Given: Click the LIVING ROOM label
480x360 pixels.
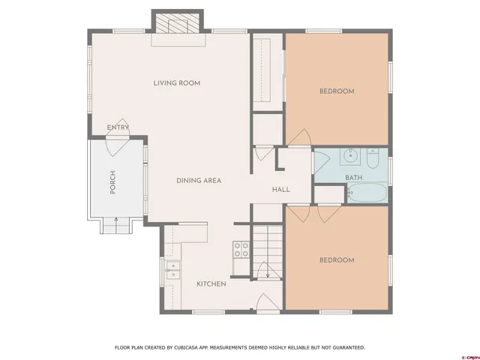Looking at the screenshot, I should click(177, 82).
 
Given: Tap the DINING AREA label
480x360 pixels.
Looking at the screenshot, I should click(199, 180).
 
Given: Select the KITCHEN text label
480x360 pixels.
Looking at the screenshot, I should click(211, 283).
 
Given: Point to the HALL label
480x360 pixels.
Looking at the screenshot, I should click(281, 190).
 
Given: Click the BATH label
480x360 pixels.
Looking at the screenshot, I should click(353, 178).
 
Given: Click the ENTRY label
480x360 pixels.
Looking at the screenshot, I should click(118, 127).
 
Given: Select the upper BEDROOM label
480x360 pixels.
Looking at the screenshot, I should click(337, 91).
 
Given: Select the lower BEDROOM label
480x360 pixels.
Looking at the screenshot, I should click(337, 260).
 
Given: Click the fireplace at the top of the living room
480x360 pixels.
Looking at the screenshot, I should click(178, 25).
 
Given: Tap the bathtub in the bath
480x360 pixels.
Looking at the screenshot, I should click(367, 193).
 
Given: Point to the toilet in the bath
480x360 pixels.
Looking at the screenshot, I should click(373, 160).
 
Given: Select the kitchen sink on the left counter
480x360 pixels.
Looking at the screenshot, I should click(172, 270).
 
